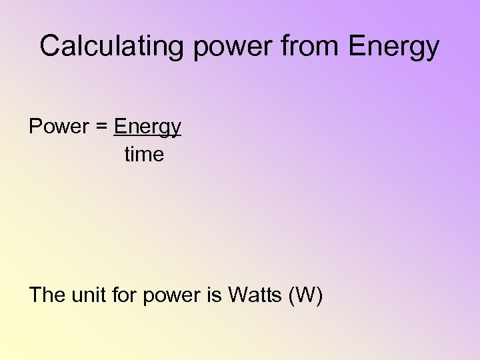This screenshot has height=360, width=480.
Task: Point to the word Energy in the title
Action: point(394,47)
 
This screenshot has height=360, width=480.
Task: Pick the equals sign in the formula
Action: point(103,127)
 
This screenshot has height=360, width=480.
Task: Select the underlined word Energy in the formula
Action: point(147,127)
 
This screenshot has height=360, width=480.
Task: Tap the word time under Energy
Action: point(144,155)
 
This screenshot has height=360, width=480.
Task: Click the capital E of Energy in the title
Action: point(357,46)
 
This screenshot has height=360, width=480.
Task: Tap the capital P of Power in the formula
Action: point(35,127)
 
